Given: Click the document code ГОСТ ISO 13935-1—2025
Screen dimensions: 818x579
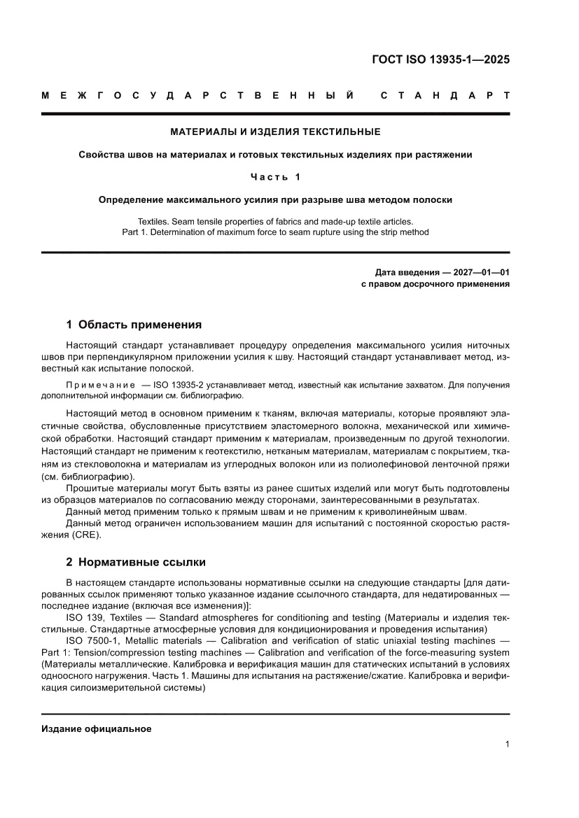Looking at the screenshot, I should click(440, 59).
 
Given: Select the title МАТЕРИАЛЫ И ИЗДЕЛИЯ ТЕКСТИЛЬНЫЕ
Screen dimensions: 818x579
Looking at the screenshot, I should click(276, 132).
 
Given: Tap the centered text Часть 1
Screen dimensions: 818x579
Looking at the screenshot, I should click(276, 177).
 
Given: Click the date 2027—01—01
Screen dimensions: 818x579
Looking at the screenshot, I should click(476, 272).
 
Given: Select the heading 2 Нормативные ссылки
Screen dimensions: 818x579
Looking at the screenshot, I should click(135, 561).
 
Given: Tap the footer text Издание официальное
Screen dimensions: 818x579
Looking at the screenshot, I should click(97, 728).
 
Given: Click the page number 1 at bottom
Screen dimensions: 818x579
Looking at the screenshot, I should click(506, 745).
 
